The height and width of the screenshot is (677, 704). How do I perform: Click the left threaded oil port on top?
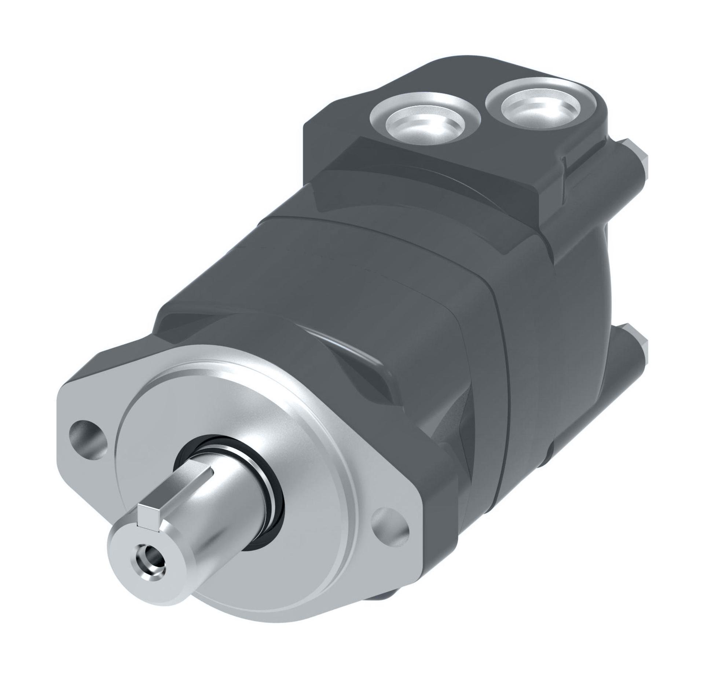click(x=425, y=121)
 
